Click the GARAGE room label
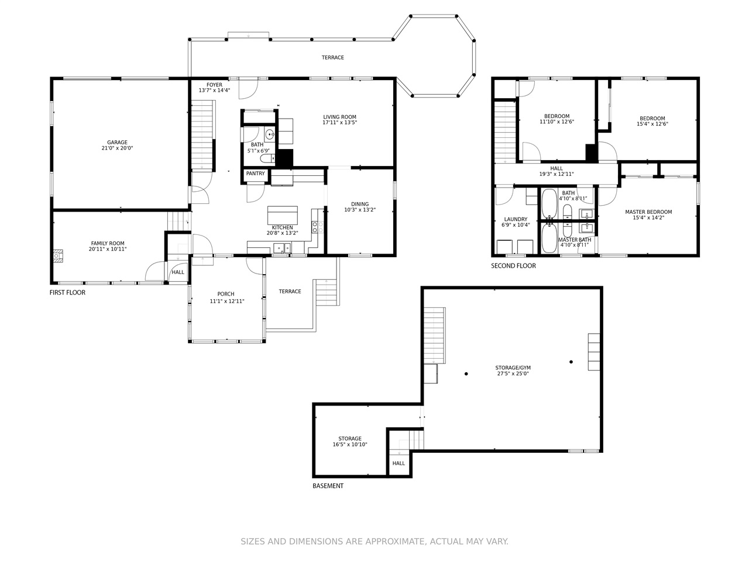(x=117, y=143)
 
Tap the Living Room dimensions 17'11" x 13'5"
(x=339, y=123)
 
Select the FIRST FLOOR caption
(x=67, y=293)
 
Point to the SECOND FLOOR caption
(x=513, y=266)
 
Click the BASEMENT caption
(x=328, y=486)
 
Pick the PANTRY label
(x=256, y=174)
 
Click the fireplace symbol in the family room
(x=58, y=256)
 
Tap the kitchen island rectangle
(x=283, y=215)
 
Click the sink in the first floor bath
(x=270, y=135)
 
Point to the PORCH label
(x=226, y=294)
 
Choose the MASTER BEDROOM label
(x=648, y=212)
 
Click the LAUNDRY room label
(x=516, y=219)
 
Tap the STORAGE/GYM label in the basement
(x=513, y=368)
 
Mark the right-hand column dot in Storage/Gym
(x=571, y=362)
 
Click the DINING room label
(x=360, y=205)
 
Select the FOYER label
(x=214, y=85)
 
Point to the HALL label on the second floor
(x=556, y=168)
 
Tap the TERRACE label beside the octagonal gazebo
(x=333, y=58)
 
